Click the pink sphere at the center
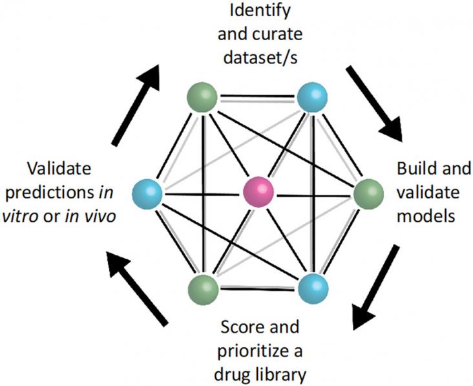[258, 192]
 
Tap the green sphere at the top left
[202, 97]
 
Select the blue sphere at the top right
[312, 97]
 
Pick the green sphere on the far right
[368, 193]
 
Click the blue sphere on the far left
[147, 194]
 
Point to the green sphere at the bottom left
[203, 290]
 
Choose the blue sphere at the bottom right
[313, 289]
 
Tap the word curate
[277, 34]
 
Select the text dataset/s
[260, 57]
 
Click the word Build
[412, 168]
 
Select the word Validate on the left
[59, 168]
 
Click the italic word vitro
[20, 216]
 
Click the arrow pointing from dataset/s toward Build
[374, 103]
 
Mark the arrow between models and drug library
[376, 287]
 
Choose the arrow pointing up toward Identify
[136, 105]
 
